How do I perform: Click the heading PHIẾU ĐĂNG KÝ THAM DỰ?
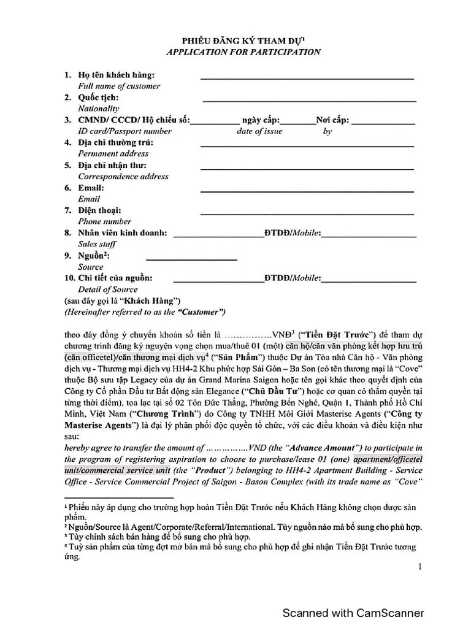click(243, 40)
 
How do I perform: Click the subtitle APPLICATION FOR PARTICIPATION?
click(243, 52)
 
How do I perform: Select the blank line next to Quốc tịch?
click(309, 101)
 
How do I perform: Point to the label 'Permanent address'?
click(113, 154)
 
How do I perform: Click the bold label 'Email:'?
click(91, 188)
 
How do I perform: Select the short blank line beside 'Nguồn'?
click(191, 259)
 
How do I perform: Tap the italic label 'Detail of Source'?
click(107, 289)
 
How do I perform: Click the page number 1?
click(420, 567)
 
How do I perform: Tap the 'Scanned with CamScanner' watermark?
click(353, 613)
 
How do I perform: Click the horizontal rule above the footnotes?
click(119, 497)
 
